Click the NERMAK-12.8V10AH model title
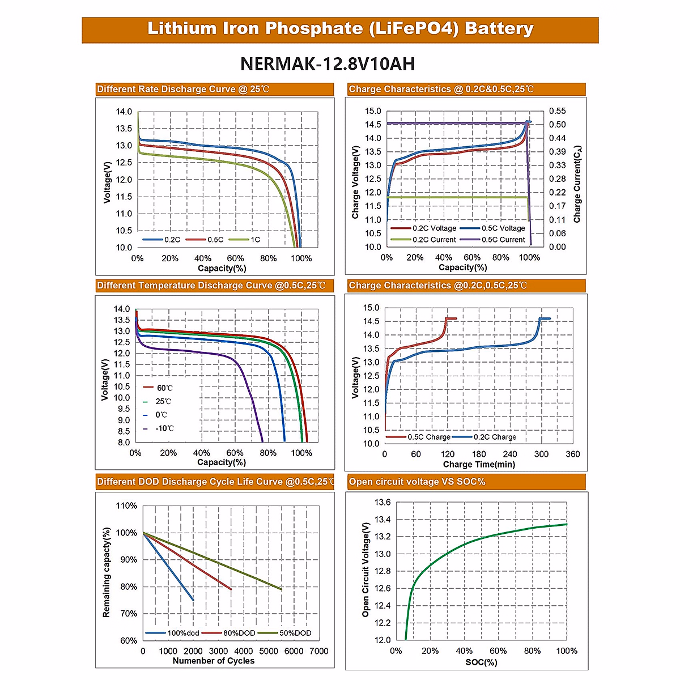pyautogui.click(x=328, y=63)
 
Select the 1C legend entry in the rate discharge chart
pyautogui.click(x=255, y=240)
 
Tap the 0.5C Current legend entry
pyautogui.click(x=503, y=240)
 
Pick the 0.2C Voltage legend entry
pyautogui.click(x=434, y=228)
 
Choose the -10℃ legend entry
pyautogui.click(x=164, y=428)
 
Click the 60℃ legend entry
pyautogui.click(x=164, y=388)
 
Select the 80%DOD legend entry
pyautogui.click(x=239, y=633)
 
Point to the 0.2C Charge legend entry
pyautogui.click(x=495, y=437)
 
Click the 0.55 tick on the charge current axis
pyautogui.click(x=557, y=111)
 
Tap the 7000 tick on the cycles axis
pyautogui.click(x=319, y=651)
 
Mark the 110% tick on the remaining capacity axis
pyautogui.click(x=126, y=505)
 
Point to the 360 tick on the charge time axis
pyautogui.click(x=572, y=454)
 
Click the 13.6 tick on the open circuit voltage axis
pyautogui.click(x=382, y=502)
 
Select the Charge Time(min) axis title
pyautogui.click(x=479, y=465)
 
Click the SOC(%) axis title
pyautogui.click(x=481, y=662)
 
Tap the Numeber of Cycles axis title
pyautogui.click(x=214, y=661)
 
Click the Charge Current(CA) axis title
pyautogui.click(x=577, y=184)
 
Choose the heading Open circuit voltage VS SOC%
pyautogui.click(x=417, y=482)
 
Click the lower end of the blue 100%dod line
pyautogui.click(x=193, y=600)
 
